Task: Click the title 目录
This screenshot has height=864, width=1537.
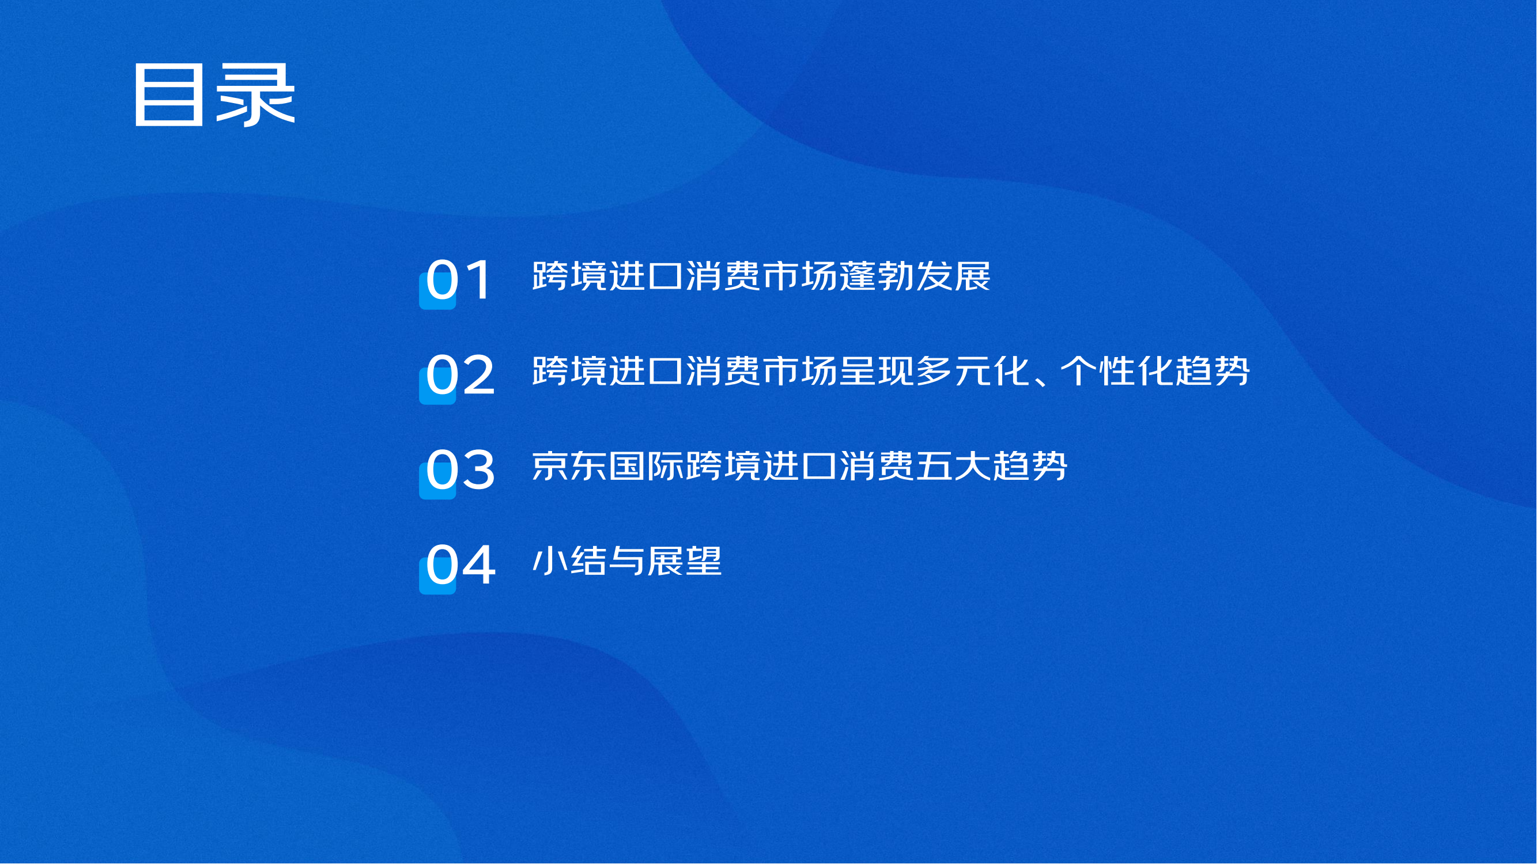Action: [214, 96]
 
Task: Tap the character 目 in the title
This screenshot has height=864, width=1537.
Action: [168, 96]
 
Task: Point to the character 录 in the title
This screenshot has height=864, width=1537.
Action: [255, 96]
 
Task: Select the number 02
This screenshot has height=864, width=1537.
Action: [460, 374]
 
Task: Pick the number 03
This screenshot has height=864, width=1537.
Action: [460, 469]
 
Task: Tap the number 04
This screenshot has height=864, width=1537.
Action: [460, 564]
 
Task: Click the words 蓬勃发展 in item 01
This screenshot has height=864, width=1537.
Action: [915, 276]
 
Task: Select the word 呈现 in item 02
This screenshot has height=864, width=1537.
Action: [877, 371]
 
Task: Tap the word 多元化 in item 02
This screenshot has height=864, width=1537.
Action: [973, 371]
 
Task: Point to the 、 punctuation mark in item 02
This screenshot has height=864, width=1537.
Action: [1041, 382]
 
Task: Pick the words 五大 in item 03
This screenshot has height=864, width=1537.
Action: [953, 465]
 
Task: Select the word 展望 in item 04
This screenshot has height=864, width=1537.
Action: [685, 560]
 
